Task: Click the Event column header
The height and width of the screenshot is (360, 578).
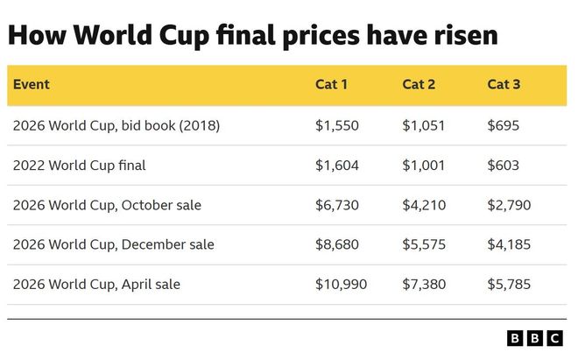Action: [x=31, y=85]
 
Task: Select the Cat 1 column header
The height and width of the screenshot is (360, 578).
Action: [x=331, y=85]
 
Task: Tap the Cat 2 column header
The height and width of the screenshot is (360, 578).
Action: [x=418, y=85]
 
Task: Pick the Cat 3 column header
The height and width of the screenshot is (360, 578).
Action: [x=504, y=85]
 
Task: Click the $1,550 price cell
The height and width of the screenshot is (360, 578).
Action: [x=336, y=125]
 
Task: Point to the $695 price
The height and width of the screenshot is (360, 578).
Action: [x=504, y=125]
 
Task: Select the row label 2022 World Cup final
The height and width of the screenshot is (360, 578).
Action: [x=79, y=165]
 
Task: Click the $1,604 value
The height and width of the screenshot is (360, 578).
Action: [x=336, y=165]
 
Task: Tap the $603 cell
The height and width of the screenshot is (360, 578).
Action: [x=504, y=165]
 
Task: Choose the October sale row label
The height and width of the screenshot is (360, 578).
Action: [x=107, y=205]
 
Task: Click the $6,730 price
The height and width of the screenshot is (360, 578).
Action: [x=336, y=205]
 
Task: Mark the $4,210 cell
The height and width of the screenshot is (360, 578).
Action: [x=424, y=205]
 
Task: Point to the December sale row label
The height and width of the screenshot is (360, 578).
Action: [x=113, y=244]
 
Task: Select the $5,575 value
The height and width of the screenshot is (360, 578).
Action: [x=424, y=244]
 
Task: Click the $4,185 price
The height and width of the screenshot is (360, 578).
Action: [x=509, y=244]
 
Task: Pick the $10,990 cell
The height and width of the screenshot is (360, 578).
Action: [x=341, y=284]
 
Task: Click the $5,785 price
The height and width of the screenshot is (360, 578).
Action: [x=509, y=284]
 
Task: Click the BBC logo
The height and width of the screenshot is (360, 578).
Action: [x=536, y=338]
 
